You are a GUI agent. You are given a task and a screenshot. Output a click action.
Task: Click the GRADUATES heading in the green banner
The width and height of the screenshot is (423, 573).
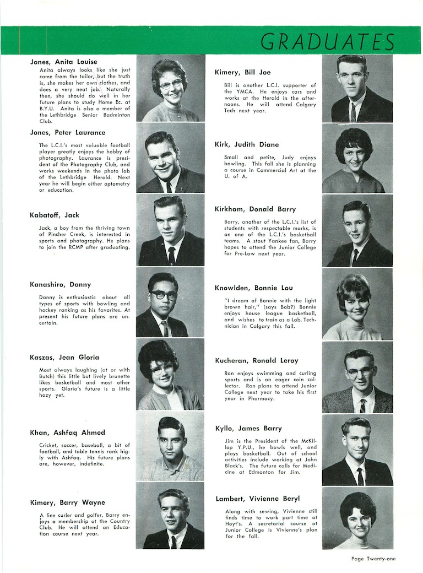coord(327,41)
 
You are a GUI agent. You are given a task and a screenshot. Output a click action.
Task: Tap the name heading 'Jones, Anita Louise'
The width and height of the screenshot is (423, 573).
coord(63,62)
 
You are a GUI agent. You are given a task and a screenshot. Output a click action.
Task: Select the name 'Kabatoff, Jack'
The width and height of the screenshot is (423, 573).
coord(55,214)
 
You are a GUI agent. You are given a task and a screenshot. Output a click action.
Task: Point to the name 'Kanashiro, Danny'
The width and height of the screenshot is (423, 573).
coord(60,284)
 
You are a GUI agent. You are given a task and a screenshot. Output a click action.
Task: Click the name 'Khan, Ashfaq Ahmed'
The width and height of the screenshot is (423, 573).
coord(67,433)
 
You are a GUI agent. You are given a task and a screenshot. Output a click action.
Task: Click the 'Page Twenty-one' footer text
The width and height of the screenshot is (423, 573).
coord(373,558)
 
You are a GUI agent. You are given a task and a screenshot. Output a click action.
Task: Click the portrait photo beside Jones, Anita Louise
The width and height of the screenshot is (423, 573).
coord(170,88)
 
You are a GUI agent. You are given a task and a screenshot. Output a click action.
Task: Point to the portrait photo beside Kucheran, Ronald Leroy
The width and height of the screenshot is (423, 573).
coord(357,377)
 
